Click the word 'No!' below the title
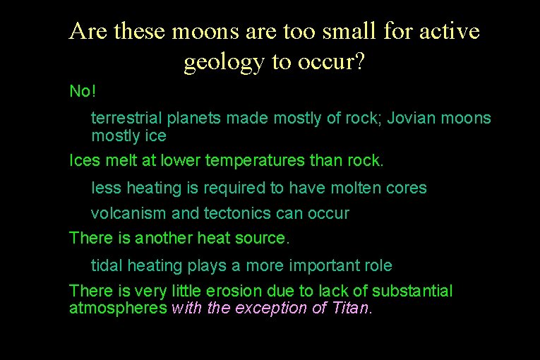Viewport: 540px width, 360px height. (x=82, y=92)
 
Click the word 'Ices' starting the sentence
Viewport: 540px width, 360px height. (x=83, y=160)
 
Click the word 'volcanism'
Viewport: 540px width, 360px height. (x=124, y=213)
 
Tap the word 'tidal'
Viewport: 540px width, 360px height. (x=107, y=265)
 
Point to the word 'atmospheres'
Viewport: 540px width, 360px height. (x=118, y=308)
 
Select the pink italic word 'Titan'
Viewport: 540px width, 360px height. (x=349, y=308)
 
